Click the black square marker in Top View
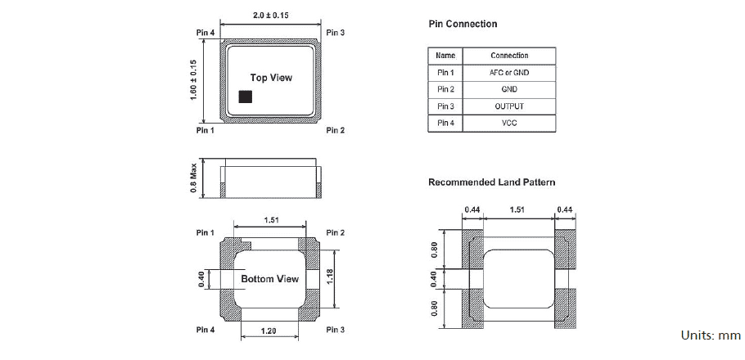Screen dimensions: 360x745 (245, 97)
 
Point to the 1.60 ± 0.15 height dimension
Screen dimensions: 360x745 (194, 80)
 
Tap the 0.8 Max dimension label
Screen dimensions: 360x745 (194, 178)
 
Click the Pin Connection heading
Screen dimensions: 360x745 (463, 25)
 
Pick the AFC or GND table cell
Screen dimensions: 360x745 (508, 72)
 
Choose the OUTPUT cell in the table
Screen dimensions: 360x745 (508, 106)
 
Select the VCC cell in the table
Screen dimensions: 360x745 (508, 124)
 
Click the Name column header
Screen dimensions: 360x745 (445, 56)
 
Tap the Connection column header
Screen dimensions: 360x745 (508, 56)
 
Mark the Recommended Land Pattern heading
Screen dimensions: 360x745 (491, 182)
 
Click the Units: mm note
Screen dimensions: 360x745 (711, 335)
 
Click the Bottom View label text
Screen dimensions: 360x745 (269, 279)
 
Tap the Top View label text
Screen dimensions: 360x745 (270, 78)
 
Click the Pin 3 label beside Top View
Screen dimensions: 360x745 (335, 33)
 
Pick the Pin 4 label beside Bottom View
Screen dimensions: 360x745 (205, 330)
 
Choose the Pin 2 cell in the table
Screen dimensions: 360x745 (445, 89)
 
